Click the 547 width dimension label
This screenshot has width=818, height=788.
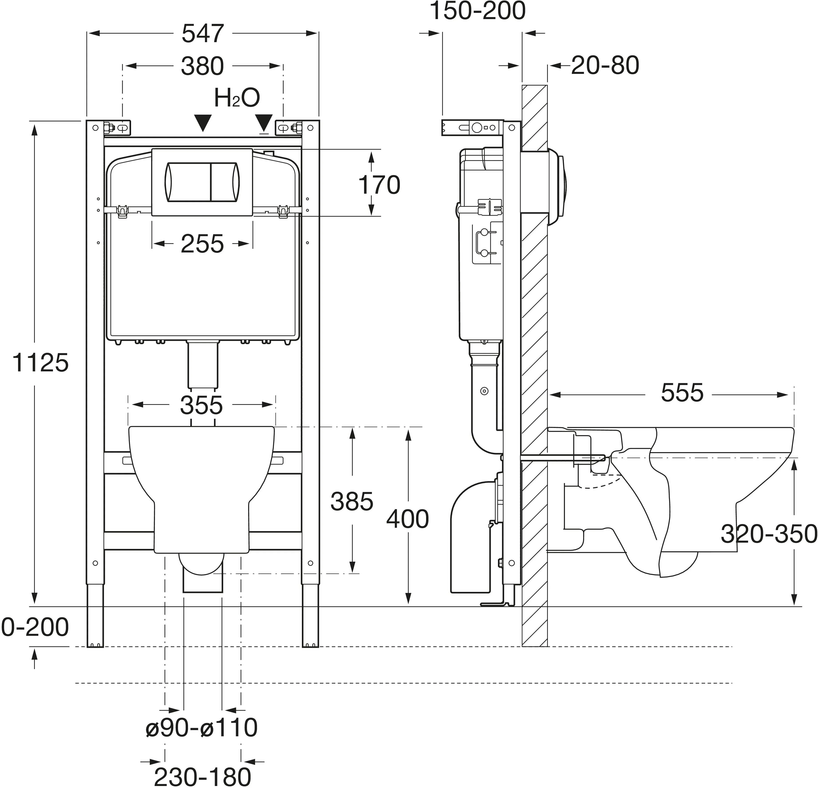(203, 34)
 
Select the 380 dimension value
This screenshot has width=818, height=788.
(203, 66)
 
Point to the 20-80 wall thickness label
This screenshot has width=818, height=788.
(605, 65)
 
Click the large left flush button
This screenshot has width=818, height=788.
(188, 181)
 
